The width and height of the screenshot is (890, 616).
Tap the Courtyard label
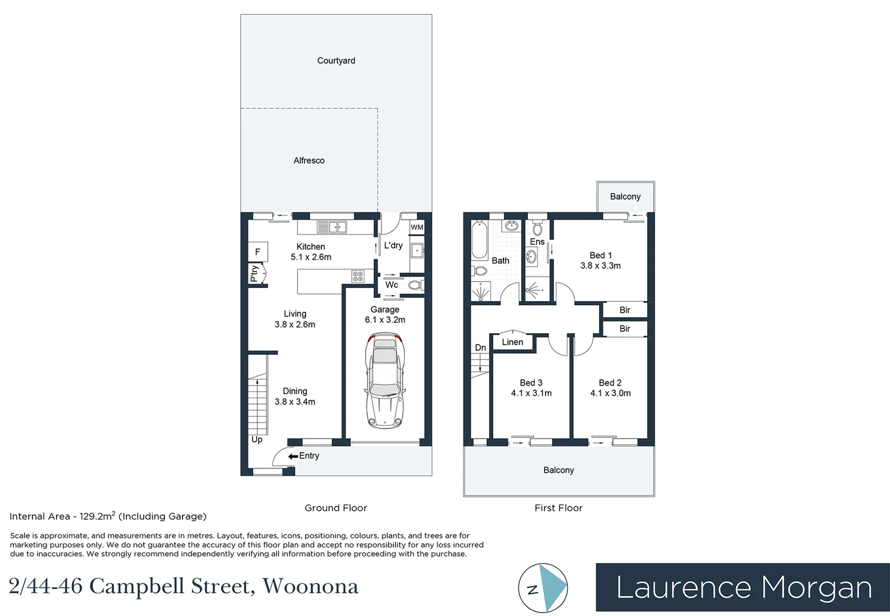(336, 60)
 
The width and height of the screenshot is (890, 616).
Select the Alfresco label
(308, 161)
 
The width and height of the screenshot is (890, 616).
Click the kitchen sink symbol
(332, 227)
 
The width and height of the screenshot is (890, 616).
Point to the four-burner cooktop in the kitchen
(358, 277)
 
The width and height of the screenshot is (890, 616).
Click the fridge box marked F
(258, 252)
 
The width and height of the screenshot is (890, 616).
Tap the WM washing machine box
(417, 227)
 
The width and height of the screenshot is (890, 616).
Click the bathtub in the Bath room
(479, 241)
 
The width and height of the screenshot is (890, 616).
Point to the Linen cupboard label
(512, 342)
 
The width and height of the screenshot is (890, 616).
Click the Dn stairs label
(481, 347)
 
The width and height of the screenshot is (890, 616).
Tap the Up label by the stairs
(257, 439)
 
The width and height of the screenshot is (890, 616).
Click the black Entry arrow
(293, 456)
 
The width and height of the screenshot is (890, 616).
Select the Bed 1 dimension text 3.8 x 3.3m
(600, 266)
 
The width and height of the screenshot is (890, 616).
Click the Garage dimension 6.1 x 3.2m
(385, 320)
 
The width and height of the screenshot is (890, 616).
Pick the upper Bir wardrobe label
(625, 310)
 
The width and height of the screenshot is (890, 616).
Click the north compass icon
(543, 589)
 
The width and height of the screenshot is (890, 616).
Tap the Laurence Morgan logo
(742, 587)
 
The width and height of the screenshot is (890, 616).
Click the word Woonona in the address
(310, 586)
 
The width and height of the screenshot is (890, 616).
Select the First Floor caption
(558, 508)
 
